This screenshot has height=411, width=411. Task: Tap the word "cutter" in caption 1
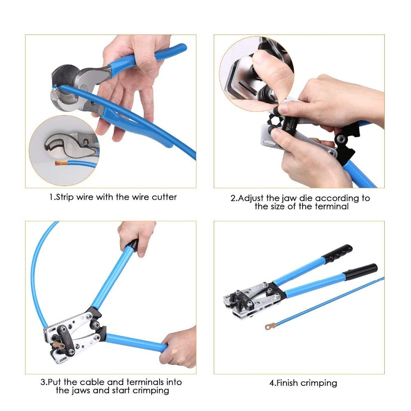pyautogui.click(x=164, y=197)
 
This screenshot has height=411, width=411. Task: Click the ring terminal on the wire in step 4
pyautogui.click(x=270, y=327)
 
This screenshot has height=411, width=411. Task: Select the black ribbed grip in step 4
pyautogui.click(x=337, y=253)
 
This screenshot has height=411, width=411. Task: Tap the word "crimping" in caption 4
pyautogui.click(x=319, y=383)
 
